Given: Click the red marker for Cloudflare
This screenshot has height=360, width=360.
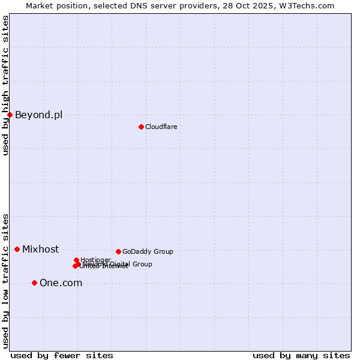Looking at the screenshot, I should pyautogui.click(x=141, y=127).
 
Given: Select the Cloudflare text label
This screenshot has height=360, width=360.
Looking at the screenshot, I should pyautogui.click(x=161, y=127).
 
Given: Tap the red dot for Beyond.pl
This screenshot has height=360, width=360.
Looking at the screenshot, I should pyautogui.click(x=10, y=115).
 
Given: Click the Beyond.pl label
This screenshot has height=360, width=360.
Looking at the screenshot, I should pyautogui.click(x=38, y=115).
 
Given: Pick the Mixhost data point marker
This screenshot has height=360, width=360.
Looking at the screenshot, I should pyautogui.click(x=17, y=249).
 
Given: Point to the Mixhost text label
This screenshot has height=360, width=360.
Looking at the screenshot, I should pyautogui.click(x=40, y=250).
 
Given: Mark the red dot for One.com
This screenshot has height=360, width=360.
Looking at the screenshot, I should pyautogui.click(x=34, y=283).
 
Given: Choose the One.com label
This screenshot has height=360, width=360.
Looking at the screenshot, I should pyautogui.click(x=61, y=283).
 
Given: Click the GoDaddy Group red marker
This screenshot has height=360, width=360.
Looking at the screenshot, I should pyautogui.click(x=118, y=251).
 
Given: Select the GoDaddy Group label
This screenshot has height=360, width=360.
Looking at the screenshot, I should pyautogui.click(x=148, y=251).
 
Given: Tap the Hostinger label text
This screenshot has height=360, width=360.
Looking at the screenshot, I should pyautogui.click(x=95, y=260).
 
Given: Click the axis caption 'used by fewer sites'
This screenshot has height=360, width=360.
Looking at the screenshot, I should pyautogui.click(x=62, y=355).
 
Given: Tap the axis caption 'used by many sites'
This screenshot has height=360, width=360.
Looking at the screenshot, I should pyautogui.click(x=301, y=355).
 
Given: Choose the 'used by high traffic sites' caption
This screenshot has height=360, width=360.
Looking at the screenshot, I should pyautogui.click(x=5, y=85).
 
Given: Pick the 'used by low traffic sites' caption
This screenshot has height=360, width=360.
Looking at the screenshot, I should pyautogui.click(x=5, y=280).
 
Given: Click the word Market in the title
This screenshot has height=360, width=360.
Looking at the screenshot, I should pyautogui.click(x=40, y=5).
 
